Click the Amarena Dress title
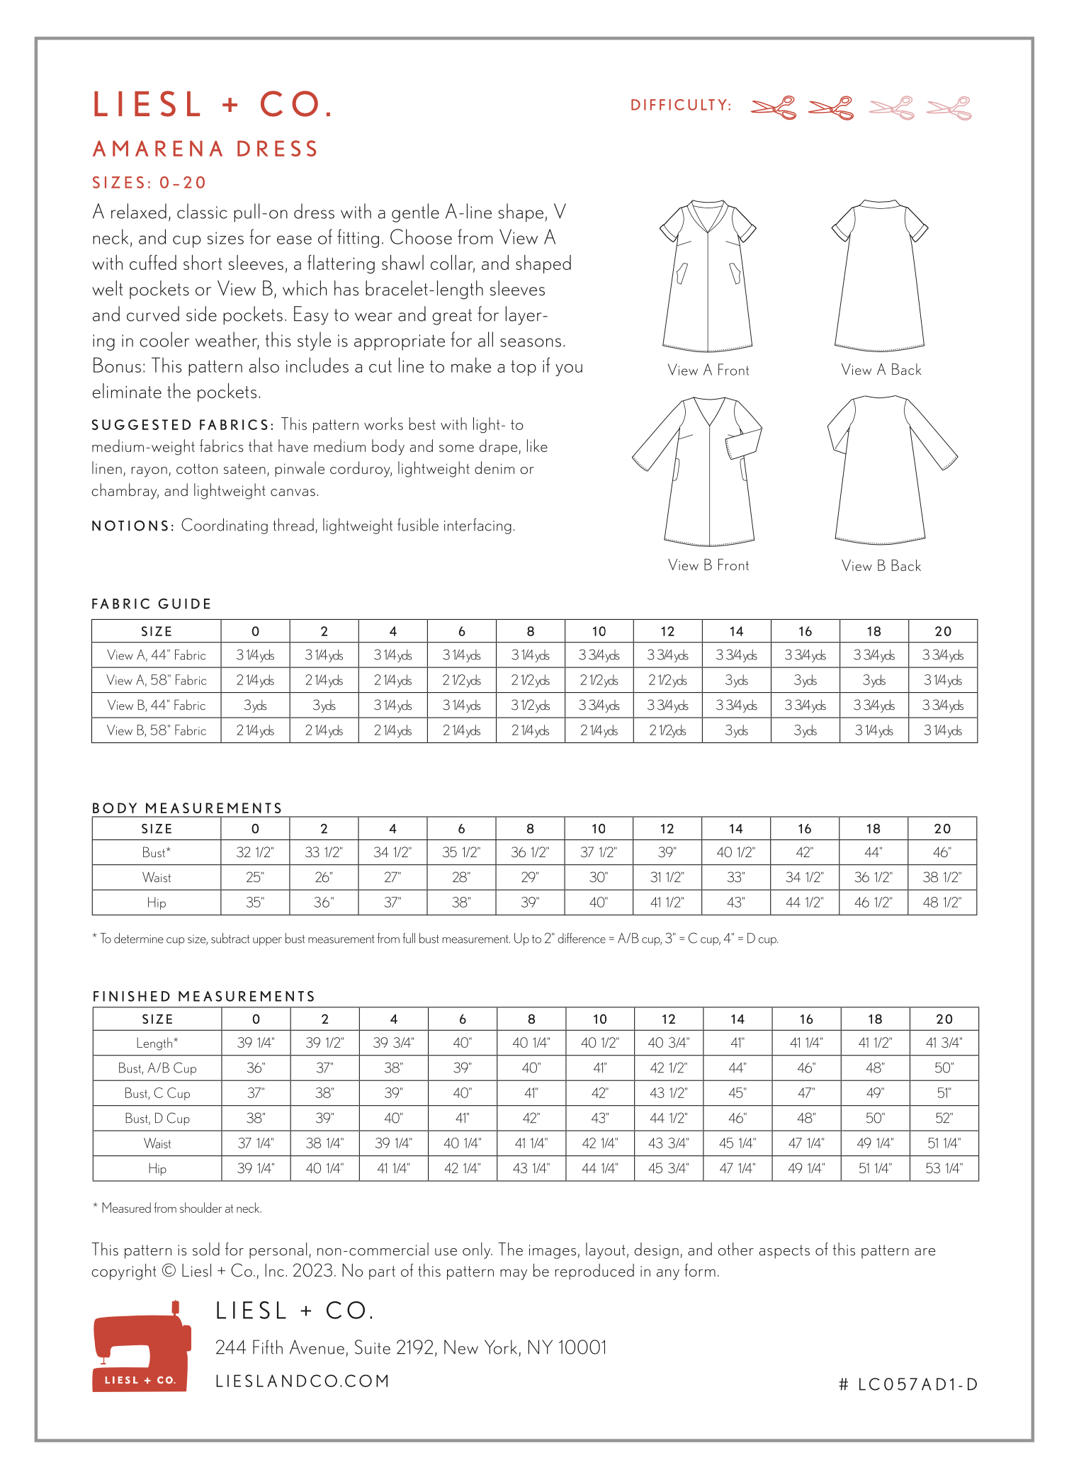[205, 149]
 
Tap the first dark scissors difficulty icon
[774, 108]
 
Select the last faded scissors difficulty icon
[949, 108]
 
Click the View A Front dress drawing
[708, 276]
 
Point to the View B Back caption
[881, 566]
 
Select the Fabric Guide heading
[152, 604]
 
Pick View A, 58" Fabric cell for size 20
[942, 681]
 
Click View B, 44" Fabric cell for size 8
[530, 706]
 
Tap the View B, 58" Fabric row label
[157, 730]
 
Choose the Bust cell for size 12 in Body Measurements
[667, 852]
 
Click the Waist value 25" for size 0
[255, 878]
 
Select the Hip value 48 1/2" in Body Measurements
[942, 903]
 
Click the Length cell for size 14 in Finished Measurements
[737, 1043]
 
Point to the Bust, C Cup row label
[157, 1093]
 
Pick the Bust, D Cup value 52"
[944, 1119]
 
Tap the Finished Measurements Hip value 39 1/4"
[256, 1168]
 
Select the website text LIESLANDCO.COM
[303, 1381]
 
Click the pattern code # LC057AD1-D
[908, 1384]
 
